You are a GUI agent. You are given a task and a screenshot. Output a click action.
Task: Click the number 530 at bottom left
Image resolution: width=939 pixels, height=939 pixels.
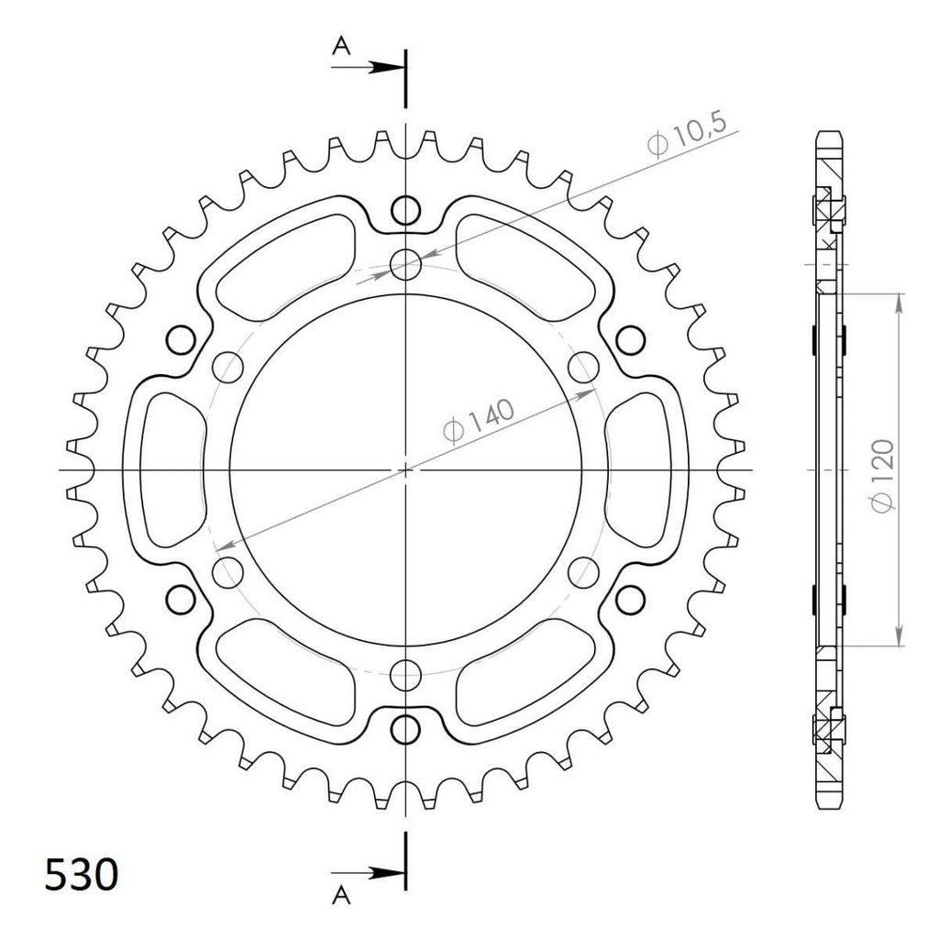click(x=82, y=875)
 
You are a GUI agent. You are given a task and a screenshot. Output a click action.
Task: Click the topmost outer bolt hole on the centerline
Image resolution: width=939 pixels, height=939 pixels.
click(x=405, y=210)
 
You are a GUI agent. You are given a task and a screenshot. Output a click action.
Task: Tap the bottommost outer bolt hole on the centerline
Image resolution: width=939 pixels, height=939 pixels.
click(x=405, y=729)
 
